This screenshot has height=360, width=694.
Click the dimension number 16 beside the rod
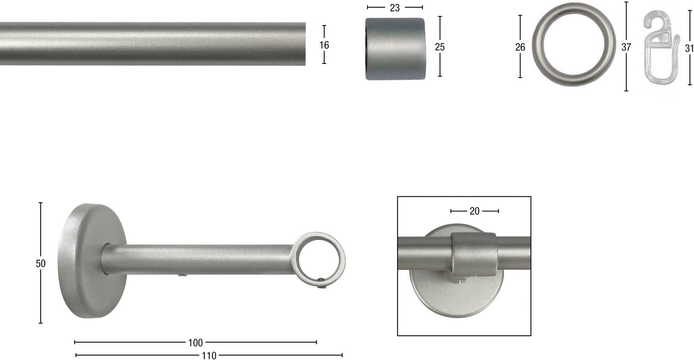click(324, 45)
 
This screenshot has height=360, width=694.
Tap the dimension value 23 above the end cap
click(394, 8)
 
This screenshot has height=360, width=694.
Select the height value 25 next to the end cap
click(440, 47)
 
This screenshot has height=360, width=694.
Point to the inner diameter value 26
click(520, 47)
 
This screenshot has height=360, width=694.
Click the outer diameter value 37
click(626, 47)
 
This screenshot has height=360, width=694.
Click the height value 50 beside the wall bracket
click(40, 263)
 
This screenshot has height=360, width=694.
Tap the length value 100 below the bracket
click(195, 343)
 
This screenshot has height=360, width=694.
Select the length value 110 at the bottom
click(209, 355)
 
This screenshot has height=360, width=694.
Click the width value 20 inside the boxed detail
click(475, 211)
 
